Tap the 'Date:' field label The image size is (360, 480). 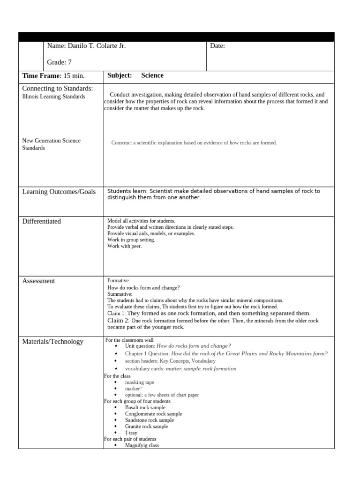217,46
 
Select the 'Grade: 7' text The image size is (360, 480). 60,62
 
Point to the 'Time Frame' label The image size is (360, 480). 42,76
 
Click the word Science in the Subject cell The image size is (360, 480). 152,75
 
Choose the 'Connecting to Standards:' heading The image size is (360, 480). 58,89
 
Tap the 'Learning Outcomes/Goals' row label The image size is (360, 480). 59,192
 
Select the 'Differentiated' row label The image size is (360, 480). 42,221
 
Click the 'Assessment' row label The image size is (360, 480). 38,281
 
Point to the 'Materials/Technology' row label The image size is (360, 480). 53,342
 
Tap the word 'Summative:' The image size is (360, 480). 120,294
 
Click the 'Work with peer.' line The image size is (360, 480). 124,246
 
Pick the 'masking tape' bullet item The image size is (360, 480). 139,382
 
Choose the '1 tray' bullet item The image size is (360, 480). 131,433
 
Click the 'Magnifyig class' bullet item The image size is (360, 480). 142,445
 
